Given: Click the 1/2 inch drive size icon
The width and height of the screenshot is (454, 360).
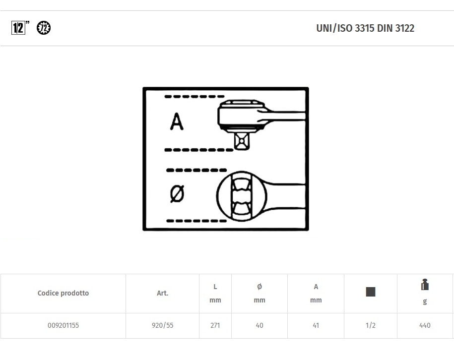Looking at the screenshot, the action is point(20,28).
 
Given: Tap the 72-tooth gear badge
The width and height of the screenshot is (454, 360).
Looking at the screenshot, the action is point(44,28).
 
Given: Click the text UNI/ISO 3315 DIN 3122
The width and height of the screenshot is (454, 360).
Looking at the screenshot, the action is point(365,28).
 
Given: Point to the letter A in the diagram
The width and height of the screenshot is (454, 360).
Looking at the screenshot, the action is point(177,121).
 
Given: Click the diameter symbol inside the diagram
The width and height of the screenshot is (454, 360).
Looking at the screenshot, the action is point(177,193).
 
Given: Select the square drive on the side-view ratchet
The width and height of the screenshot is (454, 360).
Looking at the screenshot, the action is point(242,141).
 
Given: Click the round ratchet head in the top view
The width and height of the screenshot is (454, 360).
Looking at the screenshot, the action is point(242,196).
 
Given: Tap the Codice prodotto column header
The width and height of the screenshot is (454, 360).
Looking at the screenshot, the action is point(63,293).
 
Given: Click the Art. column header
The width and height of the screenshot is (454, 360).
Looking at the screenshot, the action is point(162,293).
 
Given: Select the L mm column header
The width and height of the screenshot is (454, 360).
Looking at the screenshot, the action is point(215,294).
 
